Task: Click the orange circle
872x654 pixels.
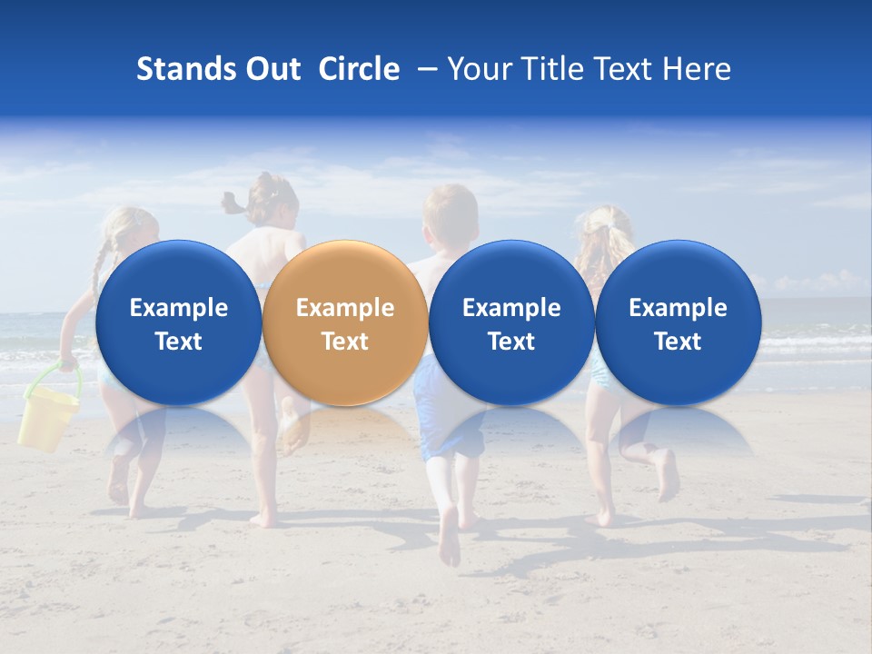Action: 344,322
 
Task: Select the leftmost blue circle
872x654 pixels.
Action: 178,322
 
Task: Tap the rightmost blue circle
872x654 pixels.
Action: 678,322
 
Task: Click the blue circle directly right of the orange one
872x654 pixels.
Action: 511,322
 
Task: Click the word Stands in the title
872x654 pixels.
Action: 177,69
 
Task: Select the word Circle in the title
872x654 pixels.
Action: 359,69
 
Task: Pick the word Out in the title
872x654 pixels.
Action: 272,69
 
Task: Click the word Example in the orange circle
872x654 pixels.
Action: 345,308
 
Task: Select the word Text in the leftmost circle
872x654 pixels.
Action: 178,342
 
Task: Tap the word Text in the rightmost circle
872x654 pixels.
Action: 678,342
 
